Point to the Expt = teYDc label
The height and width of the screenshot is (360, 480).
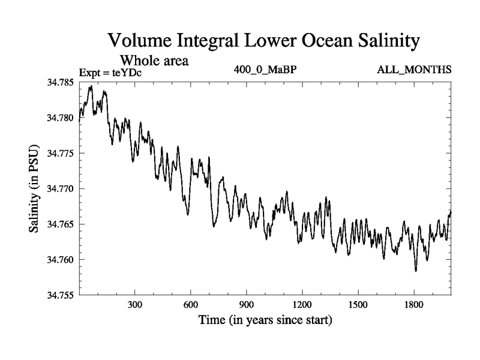coord(110,73)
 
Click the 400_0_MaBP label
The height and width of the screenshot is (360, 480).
coord(266,70)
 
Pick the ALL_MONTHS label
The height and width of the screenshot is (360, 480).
coord(414,70)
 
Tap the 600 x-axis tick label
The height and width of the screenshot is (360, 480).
coord(190,305)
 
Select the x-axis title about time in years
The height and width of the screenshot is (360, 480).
coord(265,321)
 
